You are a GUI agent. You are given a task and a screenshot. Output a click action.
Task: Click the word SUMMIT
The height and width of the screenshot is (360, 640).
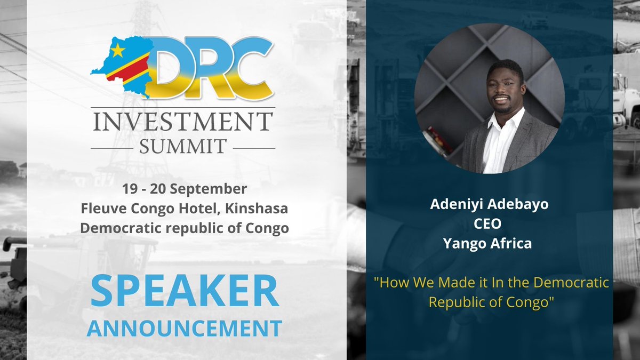(183, 146)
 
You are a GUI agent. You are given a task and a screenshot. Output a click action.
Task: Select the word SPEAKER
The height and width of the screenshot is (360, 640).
(184, 291)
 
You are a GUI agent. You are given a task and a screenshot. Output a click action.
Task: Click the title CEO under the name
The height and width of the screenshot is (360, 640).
(489, 225)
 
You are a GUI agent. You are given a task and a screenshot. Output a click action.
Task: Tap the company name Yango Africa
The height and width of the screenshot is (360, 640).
(489, 244)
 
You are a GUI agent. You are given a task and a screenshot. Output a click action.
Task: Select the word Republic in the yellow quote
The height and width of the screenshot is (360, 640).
(455, 302)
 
